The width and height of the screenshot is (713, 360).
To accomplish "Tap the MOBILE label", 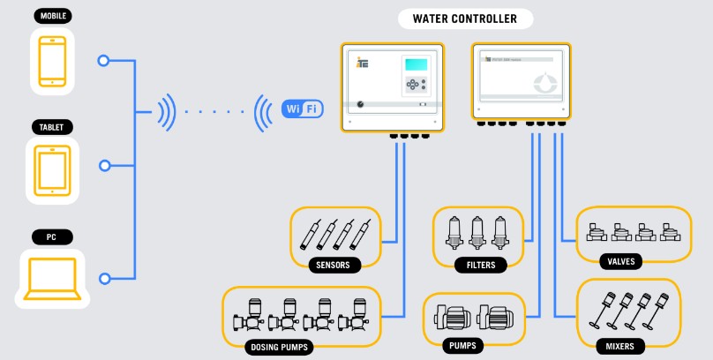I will coord(52,16).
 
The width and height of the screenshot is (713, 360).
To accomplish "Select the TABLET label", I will coord(52,127).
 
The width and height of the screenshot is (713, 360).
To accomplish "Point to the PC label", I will coord(52,236).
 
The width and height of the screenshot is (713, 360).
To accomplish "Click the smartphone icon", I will coord(52,59).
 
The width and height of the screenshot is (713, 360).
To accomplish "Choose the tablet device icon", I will coord(52,169).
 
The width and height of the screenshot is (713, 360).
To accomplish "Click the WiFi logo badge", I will coord(301,109).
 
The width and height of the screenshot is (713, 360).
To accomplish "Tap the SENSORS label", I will coord(333,264).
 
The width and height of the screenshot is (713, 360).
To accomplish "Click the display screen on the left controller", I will coord(417,67).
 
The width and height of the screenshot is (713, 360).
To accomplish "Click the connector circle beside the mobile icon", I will coord(104,61).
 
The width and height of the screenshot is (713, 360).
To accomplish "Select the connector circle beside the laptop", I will coord(104,279).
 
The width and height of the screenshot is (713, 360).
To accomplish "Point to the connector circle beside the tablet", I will coord(104,165).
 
